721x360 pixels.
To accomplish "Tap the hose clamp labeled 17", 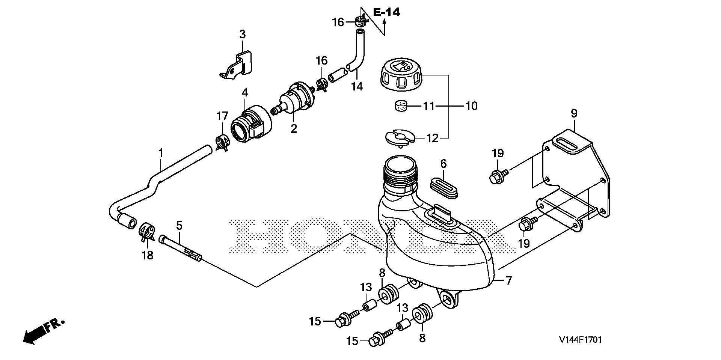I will [x=222, y=143].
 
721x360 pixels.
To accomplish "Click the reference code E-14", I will [x=386, y=12].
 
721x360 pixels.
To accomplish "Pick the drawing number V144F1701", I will [x=580, y=340].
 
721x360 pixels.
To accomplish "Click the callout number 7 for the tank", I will [x=509, y=280].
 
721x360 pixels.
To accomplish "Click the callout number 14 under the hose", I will [x=357, y=86].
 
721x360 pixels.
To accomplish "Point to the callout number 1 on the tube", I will [x=161, y=153].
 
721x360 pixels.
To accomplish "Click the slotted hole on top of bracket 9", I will [x=567, y=145].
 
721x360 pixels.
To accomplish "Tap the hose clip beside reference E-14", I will [x=360, y=22].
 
